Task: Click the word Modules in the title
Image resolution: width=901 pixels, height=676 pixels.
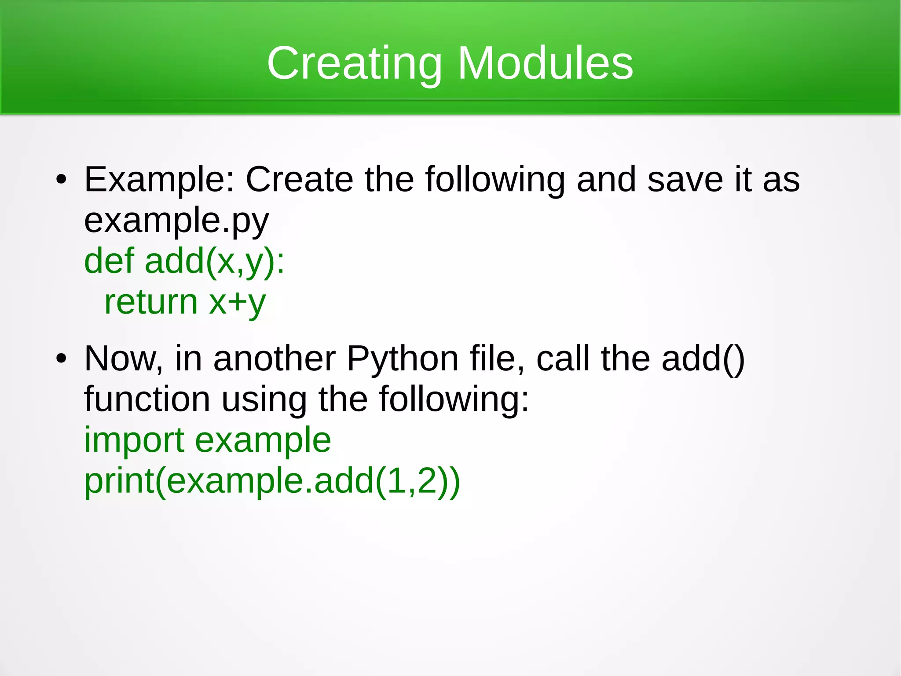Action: pyautogui.click(x=546, y=64)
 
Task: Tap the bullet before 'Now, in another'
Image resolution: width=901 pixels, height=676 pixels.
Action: pyautogui.click(x=61, y=358)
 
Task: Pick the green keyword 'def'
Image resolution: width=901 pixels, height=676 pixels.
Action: pyautogui.click(x=109, y=261)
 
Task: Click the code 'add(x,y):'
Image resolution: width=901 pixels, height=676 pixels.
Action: pyautogui.click(x=215, y=262)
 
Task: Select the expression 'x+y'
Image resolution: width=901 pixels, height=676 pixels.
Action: pyautogui.click(x=237, y=303)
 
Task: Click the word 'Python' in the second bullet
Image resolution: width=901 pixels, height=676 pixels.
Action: pyautogui.click(x=403, y=359)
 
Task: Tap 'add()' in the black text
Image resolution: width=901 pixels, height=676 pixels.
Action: pyautogui.click(x=703, y=359)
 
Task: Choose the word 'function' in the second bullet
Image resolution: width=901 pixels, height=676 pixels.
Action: pyautogui.click(x=147, y=399)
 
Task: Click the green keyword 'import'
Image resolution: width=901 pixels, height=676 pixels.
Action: pyautogui.click(x=134, y=440)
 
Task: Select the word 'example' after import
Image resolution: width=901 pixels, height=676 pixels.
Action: pyautogui.click(x=263, y=440)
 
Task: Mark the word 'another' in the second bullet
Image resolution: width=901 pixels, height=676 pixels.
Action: pyautogui.click(x=274, y=358)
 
